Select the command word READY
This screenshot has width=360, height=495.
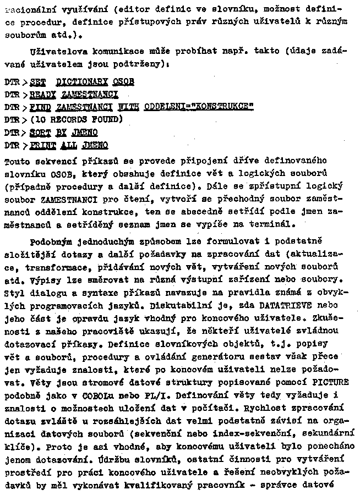[42, 94]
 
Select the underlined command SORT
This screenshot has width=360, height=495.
[40, 133]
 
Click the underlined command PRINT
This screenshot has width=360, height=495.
[42, 145]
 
